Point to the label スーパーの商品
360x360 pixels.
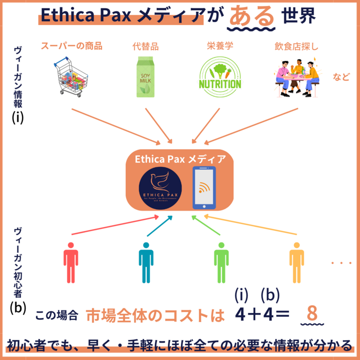(x=71, y=47)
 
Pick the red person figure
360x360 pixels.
(x=71, y=262)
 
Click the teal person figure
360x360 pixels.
(x=146, y=262)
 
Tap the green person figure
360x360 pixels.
(x=221, y=262)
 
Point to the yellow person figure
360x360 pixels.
(x=296, y=262)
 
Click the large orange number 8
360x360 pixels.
(x=312, y=314)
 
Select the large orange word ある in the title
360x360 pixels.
(x=251, y=17)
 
